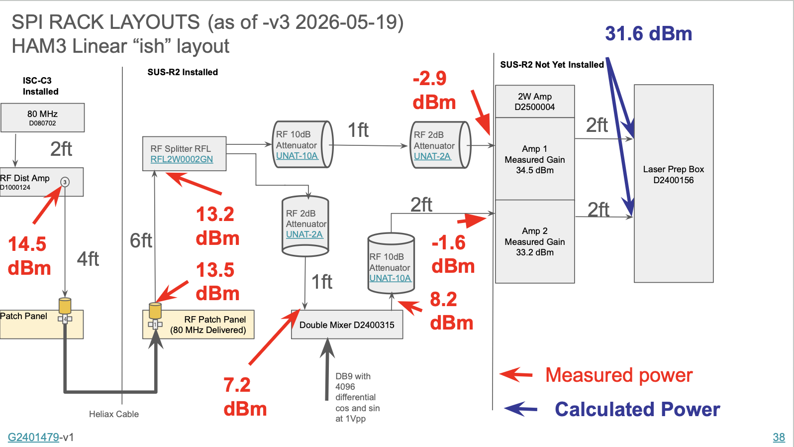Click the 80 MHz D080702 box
pyautogui.click(x=43, y=118)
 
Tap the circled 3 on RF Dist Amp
pyautogui.click(x=65, y=182)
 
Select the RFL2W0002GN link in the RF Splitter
pyautogui.click(x=182, y=159)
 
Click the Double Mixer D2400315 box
pyautogui.click(x=347, y=325)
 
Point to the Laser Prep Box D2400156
pyautogui.click(x=674, y=183)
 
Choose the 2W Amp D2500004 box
pyautogui.click(x=534, y=102)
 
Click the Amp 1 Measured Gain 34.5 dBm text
pyautogui.click(x=534, y=160)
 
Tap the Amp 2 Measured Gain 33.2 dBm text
pyautogui.click(x=534, y=241)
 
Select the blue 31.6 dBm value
pyautogui.click(x=649, y=34)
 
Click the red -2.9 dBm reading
pyautogui.click(x=434, y=90)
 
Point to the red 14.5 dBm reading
pyautogui.click(x=29, y=256)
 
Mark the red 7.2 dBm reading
pyautogui.click(x=245, y=397)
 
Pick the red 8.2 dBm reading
pyautogui.click(x=452, y=311)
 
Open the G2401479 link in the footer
pyautogui.click(x=33, y=437)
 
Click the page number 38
pyautogui.click(x=779, y=437)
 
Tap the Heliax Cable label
pyautogui.click(x=114, y=414)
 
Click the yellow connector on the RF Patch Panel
pyautogui.click(x=155, y=311)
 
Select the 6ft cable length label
pyautogui.click(x=141, y=240)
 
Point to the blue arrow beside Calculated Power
pyautogui.click(x=521, y=409)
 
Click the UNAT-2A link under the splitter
pyautogui.click(x=304, y=234)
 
